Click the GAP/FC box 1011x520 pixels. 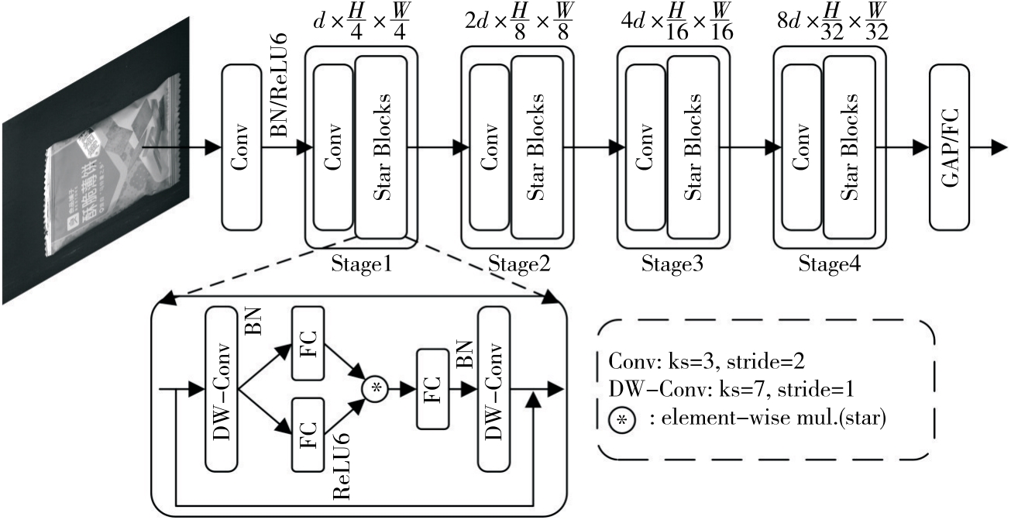pyautogui.click(x=950, y=147)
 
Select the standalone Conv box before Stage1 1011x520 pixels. pyautogui.click(x=242, y=147)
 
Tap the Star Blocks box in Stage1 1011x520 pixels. pyautogui.click(x=381, y=147)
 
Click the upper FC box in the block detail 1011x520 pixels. pyautogui.click(x=307, y=342)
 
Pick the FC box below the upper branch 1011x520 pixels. pyautogui.click(x=307, y=435)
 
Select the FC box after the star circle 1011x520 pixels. pyautogui.click(x=432, y=388)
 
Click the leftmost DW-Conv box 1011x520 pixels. pyautogui.click(x=222, y=388)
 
